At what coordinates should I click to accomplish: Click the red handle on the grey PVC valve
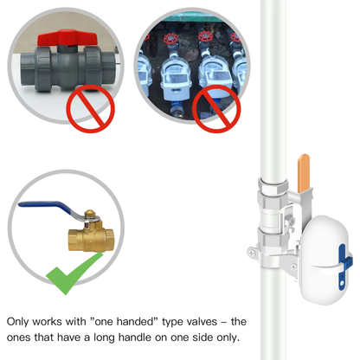pyautogui.click(x=67, y=37)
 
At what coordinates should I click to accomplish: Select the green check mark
pyautogui.click(x=74, y=273)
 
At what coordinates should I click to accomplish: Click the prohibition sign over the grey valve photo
pyautogui.click(x=90, y=109)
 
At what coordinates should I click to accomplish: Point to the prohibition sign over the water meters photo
pyautogui.click(x=216, y=109)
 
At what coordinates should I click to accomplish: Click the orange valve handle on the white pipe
pyautogui.click(x=304, y=173)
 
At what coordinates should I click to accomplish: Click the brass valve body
pyautogui.click(x=91, y=240)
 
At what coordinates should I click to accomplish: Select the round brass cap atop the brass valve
pyautogui.click(x=90, y=214)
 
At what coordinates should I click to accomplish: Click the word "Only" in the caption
pyautogui.click(x=17, y=322)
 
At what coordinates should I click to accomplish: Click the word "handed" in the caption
pyautogui.click(x=137, y=322)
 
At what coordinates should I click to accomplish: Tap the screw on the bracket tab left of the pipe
pyautogui.click(x=252, y=253)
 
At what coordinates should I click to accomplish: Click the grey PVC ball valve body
pyautogui.click(x=67, y=68)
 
